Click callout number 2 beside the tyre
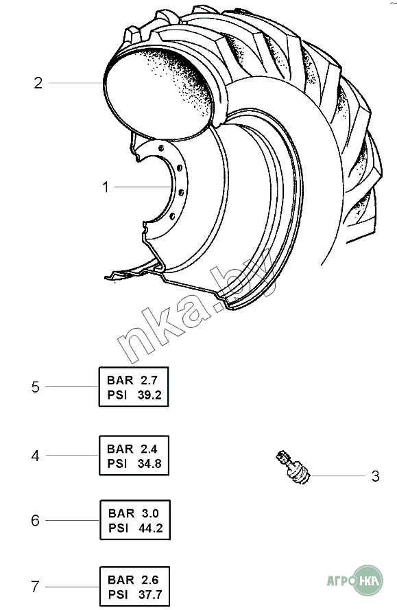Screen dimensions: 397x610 click(x=38, y=83)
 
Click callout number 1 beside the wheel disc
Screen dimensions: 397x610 click(x=106, y=187)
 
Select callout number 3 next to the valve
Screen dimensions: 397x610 click(x=375, y=476)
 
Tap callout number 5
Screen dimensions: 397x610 click(x=36, y=387)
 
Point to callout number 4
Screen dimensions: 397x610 click(x=36, y=456)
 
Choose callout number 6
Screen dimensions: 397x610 click(x=36, y=520)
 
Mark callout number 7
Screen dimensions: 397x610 click(x=36, y=586)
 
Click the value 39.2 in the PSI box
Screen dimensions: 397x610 click(x=149, y=395)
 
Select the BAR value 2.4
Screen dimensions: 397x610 click(x=149, y=449)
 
